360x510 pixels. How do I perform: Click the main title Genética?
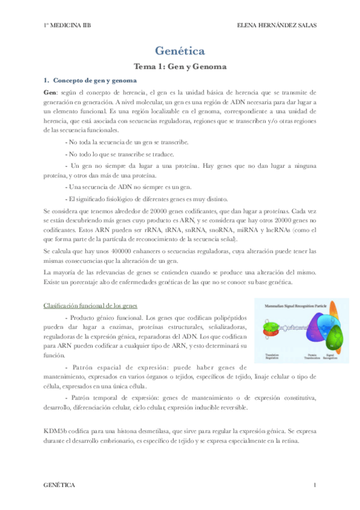pyautogui.click(x=180, y=51)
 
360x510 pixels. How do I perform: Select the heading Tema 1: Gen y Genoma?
pyautogui.click(x=180, y=67)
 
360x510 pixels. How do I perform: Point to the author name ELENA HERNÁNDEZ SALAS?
pyautogui.click(x=277, y=26)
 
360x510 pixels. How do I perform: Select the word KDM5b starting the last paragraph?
pyautogui.click(x=55, y=431)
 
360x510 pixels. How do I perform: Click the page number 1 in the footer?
pyautogui.click(x=314, y=484)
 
